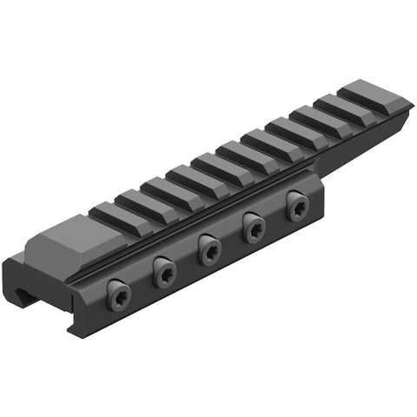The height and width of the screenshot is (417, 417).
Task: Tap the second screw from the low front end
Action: point(163,274)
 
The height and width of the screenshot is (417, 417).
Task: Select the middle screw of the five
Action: point(209,251)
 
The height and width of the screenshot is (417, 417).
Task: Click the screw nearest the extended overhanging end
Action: point(295,207)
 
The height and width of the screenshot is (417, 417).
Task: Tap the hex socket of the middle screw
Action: point(209,251)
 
